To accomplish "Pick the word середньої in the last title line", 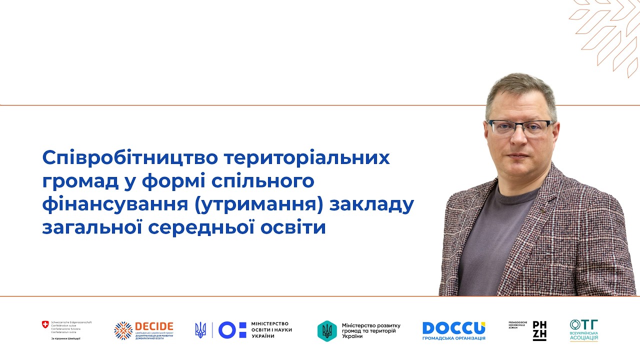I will pos(213,227).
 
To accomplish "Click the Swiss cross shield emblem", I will pos(45,325).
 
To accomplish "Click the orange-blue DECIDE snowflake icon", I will pos(123,330).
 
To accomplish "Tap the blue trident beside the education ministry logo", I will pos(200,330).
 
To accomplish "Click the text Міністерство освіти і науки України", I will pos(271,330).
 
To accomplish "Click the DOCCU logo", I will pos(453,328).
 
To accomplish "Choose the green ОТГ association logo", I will pos(583,330).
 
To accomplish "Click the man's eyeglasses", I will pos(521,127).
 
